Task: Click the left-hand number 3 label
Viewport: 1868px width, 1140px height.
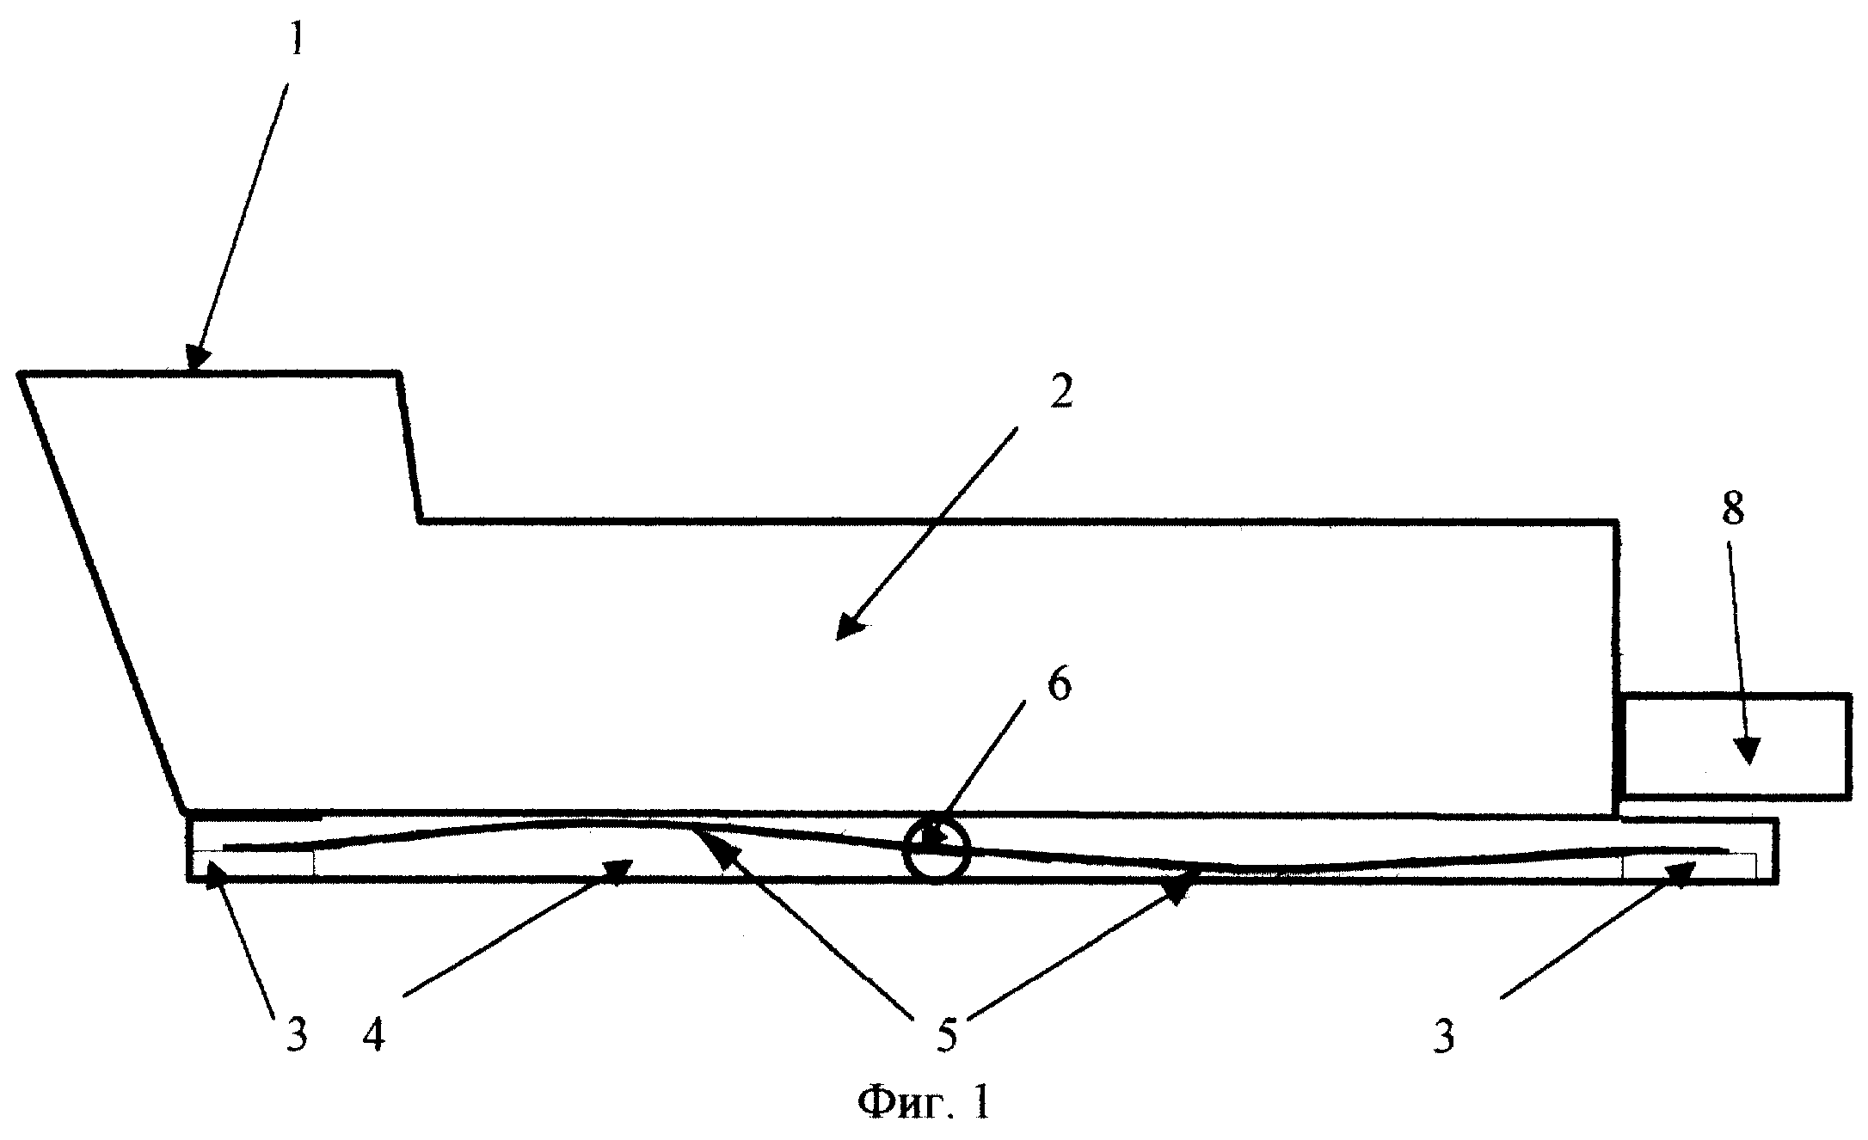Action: click(296, 1036)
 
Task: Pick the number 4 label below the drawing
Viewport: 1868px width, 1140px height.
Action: click(374, 1036)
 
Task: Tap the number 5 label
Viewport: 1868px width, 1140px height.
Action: click(945, 1036)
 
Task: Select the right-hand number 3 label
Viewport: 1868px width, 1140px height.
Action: click(1444, 1036)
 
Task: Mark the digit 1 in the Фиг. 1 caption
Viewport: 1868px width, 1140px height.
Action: click(979, 1102)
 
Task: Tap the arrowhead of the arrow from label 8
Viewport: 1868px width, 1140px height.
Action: click(1745, 751)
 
